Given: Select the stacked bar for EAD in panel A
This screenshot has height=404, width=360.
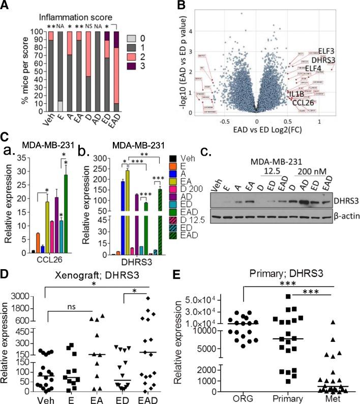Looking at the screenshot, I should pos(115,76).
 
